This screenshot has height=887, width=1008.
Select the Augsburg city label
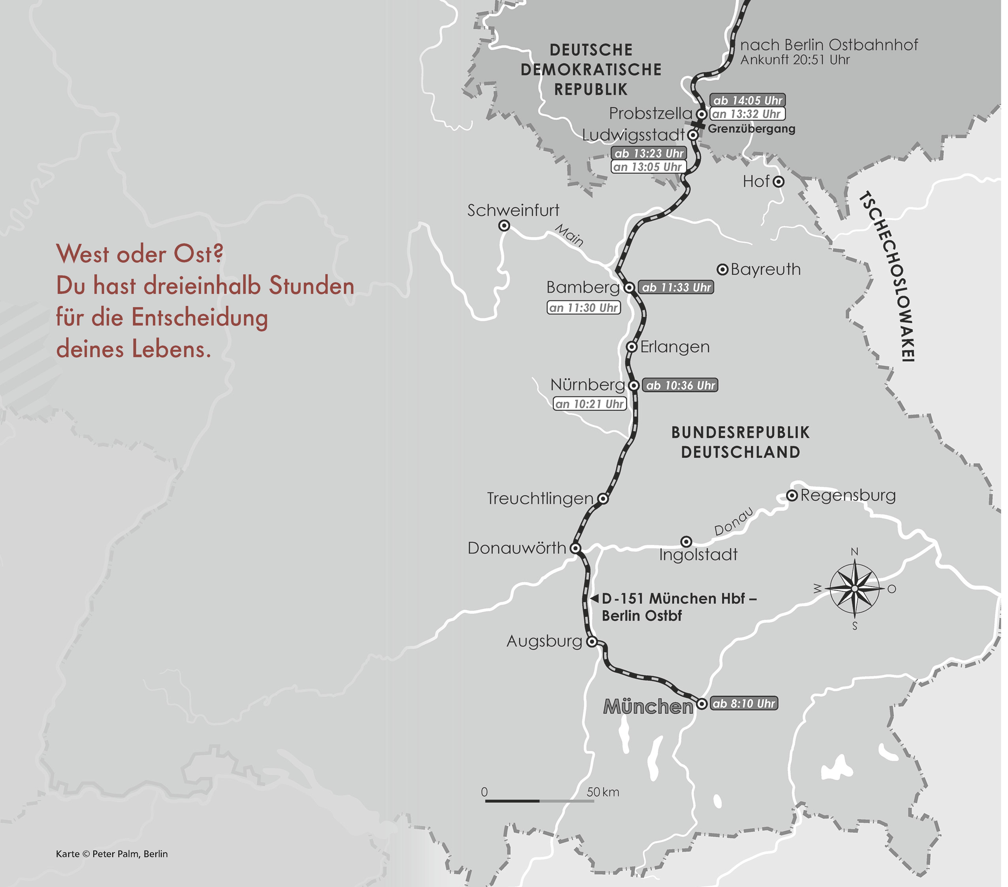tap(544, 641)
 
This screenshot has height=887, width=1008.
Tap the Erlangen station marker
tap(632, 347)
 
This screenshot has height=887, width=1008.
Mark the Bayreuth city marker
tap(722, 269)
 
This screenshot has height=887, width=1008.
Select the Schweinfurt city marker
tap(504, 226)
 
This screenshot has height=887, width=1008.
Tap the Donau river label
tap(734, 522)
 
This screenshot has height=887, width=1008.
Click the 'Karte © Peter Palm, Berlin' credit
tap(112, 854)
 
